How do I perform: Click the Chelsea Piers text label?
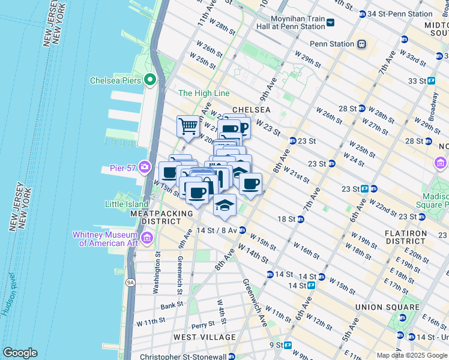[x=115, y=80]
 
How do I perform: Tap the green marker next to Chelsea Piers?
[x=149, y=80]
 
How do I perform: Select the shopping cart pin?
[x=188, y=127]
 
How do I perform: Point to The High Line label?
[x=204, y=93]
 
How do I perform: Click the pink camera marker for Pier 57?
[x=145, y=166]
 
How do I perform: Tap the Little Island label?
[x=127, y=204]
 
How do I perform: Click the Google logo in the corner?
[x=20, y=353]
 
